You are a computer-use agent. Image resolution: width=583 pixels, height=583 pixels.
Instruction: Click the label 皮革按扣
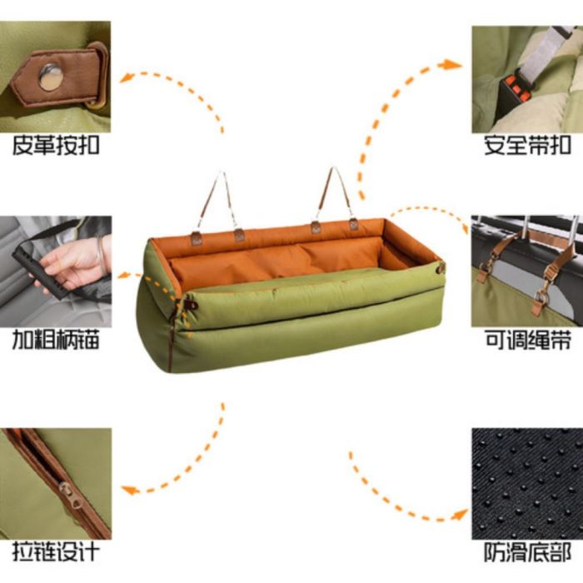56,146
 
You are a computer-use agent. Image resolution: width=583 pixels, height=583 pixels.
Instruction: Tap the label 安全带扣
527,146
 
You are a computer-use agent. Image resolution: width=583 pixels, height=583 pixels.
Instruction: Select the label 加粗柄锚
56,340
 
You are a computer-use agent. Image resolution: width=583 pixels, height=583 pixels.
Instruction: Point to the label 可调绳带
527,340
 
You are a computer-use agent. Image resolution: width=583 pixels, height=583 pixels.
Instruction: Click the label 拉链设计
56,551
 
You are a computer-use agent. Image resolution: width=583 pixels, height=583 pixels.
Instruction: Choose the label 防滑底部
527,552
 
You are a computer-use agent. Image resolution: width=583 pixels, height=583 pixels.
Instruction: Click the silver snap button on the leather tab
51,77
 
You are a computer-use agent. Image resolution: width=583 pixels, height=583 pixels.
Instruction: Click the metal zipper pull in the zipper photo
70,496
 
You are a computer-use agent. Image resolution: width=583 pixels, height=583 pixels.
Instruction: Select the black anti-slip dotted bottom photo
527,484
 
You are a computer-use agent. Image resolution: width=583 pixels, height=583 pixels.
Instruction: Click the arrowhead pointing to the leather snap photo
127,78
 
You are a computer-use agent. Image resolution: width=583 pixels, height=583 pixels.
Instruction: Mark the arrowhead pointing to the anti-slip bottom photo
460,515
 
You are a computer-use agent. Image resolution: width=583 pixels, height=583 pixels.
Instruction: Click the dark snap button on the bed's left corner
193,306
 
